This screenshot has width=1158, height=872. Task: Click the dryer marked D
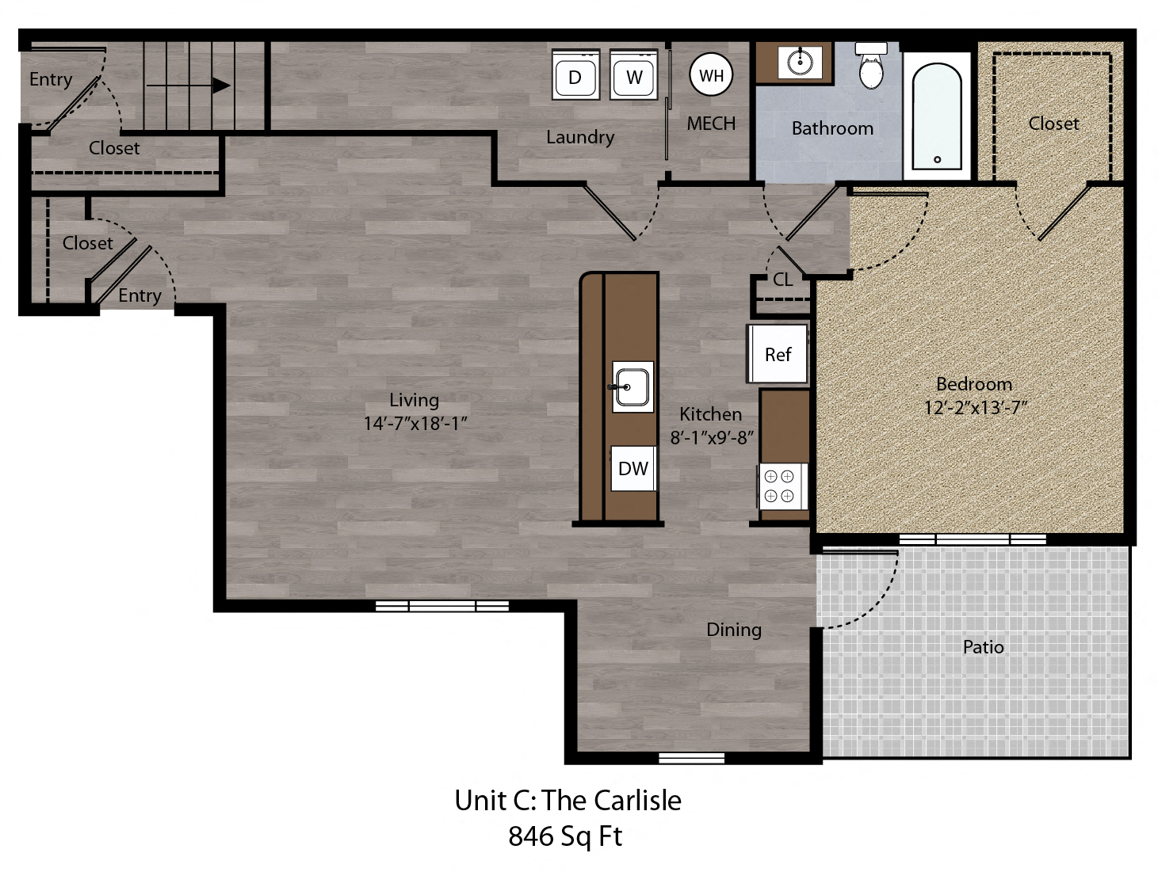575,76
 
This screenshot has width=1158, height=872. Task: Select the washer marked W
634,76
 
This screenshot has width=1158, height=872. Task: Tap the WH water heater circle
711,75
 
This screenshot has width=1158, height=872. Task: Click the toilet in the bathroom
871,67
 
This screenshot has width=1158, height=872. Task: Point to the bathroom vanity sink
800,60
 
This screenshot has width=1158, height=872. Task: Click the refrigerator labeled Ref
778,354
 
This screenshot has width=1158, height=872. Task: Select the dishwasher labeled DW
633,468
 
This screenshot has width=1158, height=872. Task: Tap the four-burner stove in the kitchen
778,486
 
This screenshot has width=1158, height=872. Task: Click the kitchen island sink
632,386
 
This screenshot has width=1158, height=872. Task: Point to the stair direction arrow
188,85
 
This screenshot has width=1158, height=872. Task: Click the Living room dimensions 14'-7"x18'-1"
415,424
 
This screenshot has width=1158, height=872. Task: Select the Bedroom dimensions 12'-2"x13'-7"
975,408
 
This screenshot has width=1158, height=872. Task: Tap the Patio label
983,647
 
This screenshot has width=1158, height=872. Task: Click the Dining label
733,630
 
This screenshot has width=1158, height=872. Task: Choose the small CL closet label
782,280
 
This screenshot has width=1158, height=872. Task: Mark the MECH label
711,124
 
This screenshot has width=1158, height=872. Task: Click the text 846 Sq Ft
565,836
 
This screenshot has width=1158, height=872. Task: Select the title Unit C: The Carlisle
568,801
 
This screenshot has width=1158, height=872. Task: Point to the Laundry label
580,137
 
